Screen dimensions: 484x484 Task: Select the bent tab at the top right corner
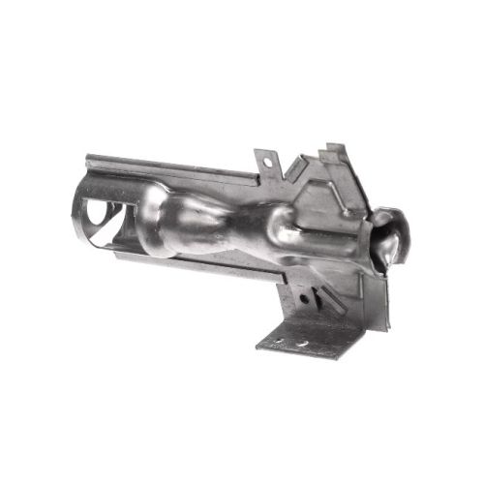tap(335, 152)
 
